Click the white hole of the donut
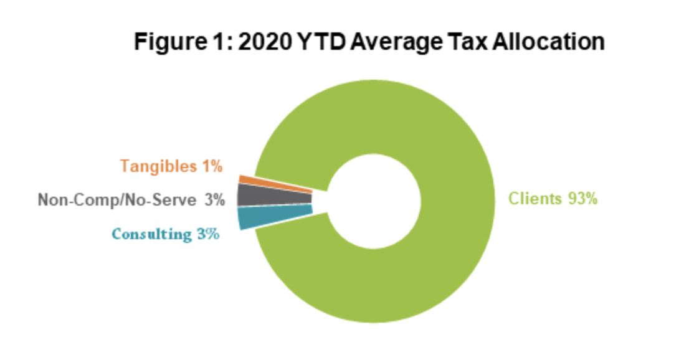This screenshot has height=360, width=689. coord(374,200)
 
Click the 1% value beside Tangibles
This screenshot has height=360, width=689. coord(212,166)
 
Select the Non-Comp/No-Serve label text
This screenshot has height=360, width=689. coord(118,200)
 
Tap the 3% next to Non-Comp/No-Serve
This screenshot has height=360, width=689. coord(214,200)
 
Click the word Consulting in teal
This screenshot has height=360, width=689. coord(151,234)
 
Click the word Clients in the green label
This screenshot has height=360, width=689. coord(534,199)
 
